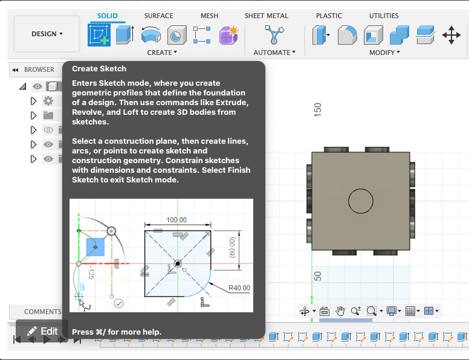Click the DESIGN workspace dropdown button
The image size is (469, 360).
coord(47,34)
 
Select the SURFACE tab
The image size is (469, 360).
coord(158,16)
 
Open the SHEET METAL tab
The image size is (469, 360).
coord(267,16)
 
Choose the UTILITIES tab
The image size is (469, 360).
coord(384,16)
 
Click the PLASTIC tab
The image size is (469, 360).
coord(329,16)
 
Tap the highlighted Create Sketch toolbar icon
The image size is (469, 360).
coord(99,35)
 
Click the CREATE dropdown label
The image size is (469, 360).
coord(162,53)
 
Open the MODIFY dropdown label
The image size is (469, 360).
coord(384,53)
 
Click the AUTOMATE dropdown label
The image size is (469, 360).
coord(274,53)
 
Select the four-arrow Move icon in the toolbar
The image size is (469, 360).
coord(451,35)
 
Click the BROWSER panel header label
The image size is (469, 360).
coord(39,69)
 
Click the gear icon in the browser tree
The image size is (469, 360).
coord(48,101)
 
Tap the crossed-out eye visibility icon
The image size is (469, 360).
coord(48,130)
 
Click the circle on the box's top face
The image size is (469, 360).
coord(361,201)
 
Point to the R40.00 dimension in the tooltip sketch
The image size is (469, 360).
coord(239,288)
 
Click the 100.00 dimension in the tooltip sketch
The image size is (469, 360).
coord(176,220)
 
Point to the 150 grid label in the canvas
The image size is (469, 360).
coord(318,109)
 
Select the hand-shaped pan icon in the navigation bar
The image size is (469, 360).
coord(340,311)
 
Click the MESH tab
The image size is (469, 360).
coord(209,16)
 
